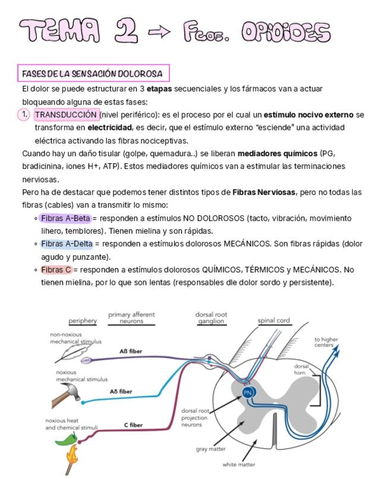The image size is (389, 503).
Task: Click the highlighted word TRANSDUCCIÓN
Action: [66, 114]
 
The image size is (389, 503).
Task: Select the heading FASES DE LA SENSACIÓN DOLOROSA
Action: [93, 74]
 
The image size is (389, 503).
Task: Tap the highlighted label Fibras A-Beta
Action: [65, 218]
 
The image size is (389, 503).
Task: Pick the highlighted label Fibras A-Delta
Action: [67, 244]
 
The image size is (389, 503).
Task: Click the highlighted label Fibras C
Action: [56, 270]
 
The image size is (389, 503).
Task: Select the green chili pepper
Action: [66, 439]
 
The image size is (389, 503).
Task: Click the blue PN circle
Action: [248, 392]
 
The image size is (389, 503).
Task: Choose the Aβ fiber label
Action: [131, 352]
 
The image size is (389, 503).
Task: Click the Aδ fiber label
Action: [121, 391]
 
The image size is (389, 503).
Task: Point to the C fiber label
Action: [133, 425]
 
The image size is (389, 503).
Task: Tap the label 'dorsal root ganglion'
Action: [211, 318]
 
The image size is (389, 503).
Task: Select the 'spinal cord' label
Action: [274, 321]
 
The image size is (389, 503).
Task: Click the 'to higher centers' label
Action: [326, 342]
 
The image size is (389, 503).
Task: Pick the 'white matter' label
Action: [239, 464]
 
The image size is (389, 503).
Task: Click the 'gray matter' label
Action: [211, 449]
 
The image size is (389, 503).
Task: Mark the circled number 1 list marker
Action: [24, 114]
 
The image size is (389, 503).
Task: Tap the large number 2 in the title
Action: [126, 30]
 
